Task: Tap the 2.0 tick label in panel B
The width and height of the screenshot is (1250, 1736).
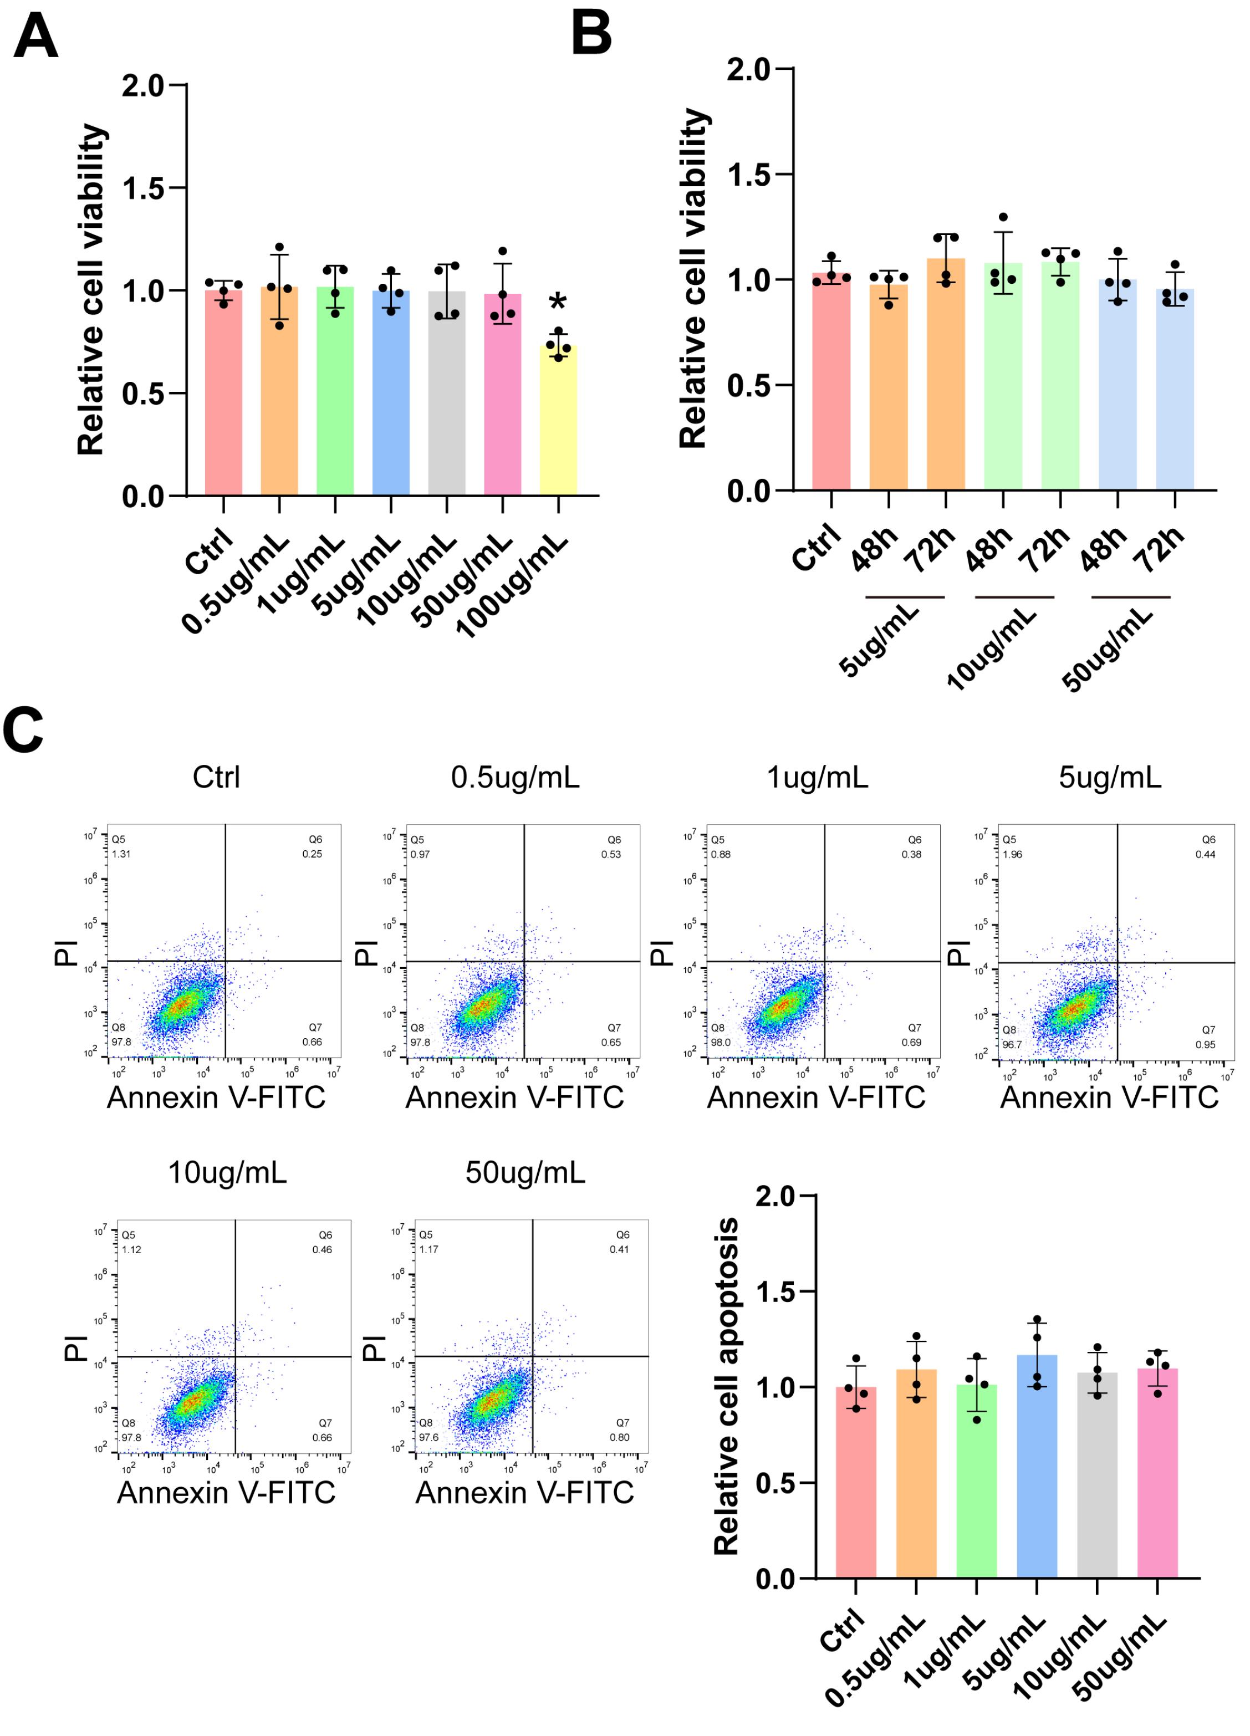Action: pyautogui.click(x=749, y=70)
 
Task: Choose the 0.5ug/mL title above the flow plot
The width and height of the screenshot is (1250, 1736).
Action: pyautogui.click(x=515, y=777)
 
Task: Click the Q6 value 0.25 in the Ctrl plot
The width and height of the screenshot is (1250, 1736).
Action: pyautogui.click(x=312, y=854)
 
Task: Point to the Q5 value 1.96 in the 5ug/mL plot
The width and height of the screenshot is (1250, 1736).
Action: pyautogui.click(x=1012, y=854)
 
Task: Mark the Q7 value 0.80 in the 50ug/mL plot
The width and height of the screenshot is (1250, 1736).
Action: pyautogui.click(x=619, y=1437)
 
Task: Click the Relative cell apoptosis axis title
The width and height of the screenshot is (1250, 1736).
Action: pyautogui.click(x=726, y=1386)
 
